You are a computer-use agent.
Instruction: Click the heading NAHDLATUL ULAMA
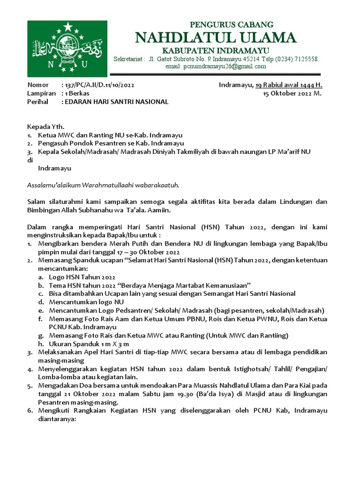[x=216, y=37]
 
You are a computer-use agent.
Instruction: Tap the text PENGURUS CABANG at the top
[x=232, y=24]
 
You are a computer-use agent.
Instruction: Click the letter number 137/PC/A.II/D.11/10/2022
[x=100, y=85]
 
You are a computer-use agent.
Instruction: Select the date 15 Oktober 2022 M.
[x=292, y=93]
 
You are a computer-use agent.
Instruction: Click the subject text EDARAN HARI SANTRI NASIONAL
[x=116, y=102]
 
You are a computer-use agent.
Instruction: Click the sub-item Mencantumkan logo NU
[x=86, y=302]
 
